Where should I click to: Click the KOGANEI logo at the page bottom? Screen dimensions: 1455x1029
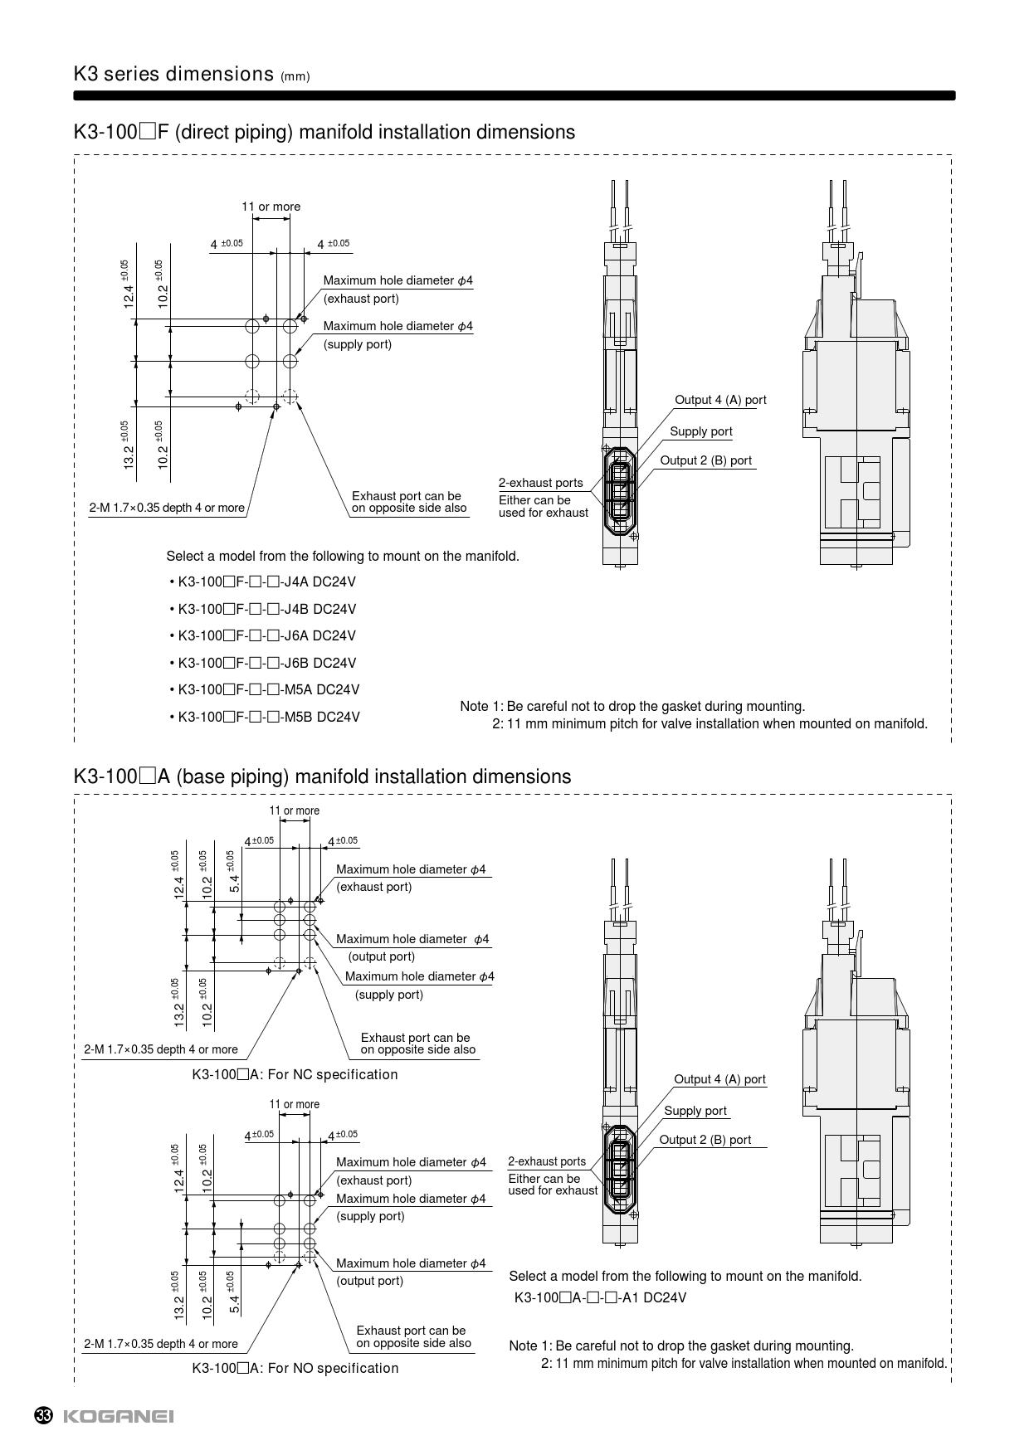118,1416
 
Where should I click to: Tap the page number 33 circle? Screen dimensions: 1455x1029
44,1416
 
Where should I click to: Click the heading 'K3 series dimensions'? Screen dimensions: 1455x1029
173,75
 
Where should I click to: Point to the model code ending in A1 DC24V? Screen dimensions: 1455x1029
600,1297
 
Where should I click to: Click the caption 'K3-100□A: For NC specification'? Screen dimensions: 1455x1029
295,1075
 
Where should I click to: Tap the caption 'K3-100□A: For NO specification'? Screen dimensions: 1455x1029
295,1368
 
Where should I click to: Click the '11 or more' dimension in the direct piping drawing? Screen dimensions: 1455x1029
271,207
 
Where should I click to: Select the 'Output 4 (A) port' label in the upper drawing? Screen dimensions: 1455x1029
720,400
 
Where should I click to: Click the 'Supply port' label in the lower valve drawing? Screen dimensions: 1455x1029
695,1111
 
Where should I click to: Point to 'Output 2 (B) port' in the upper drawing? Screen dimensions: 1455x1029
705,460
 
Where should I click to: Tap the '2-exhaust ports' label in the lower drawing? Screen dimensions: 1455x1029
547,1161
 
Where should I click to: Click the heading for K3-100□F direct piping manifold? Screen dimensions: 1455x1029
324,133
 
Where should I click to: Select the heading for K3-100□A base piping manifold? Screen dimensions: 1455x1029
322,777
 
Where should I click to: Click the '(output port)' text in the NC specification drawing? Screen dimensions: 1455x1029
381,956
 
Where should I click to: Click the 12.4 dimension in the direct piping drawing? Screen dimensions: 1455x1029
129,295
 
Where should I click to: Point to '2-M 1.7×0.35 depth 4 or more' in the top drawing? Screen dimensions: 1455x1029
167,508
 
